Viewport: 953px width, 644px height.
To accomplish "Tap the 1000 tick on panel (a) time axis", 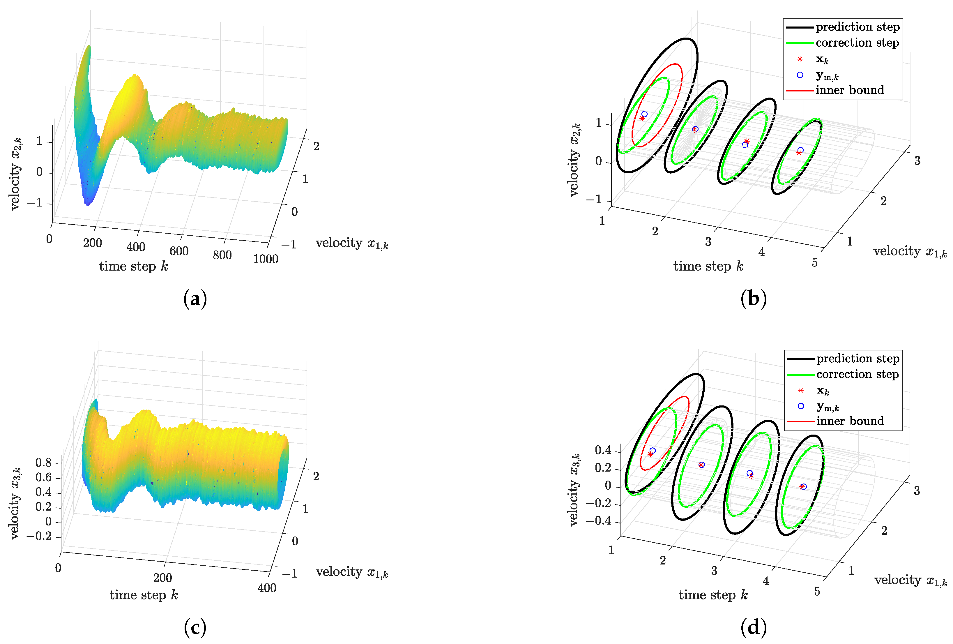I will [x=266, y=259].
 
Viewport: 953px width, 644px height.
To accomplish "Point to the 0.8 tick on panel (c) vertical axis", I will [x=43, y=463].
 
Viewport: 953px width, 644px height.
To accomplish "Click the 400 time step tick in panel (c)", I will [x=267, y=588].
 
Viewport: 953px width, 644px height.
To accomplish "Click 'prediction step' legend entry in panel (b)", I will [x=857, y=27].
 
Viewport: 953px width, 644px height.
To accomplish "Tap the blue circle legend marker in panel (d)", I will [x=800, y=406].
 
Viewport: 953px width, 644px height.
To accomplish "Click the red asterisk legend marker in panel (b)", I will [x=800, y=59].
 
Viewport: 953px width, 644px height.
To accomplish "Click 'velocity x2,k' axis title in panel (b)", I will [x=574, y=160].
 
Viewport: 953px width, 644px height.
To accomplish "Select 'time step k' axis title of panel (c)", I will [x=144, y=595].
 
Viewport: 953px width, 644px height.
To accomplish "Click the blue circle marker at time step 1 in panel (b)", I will [x=644, y=114].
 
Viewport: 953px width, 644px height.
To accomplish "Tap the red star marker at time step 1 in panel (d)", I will [x=650, y=454].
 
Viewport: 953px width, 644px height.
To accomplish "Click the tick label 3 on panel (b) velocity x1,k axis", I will [x=917, y=161].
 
